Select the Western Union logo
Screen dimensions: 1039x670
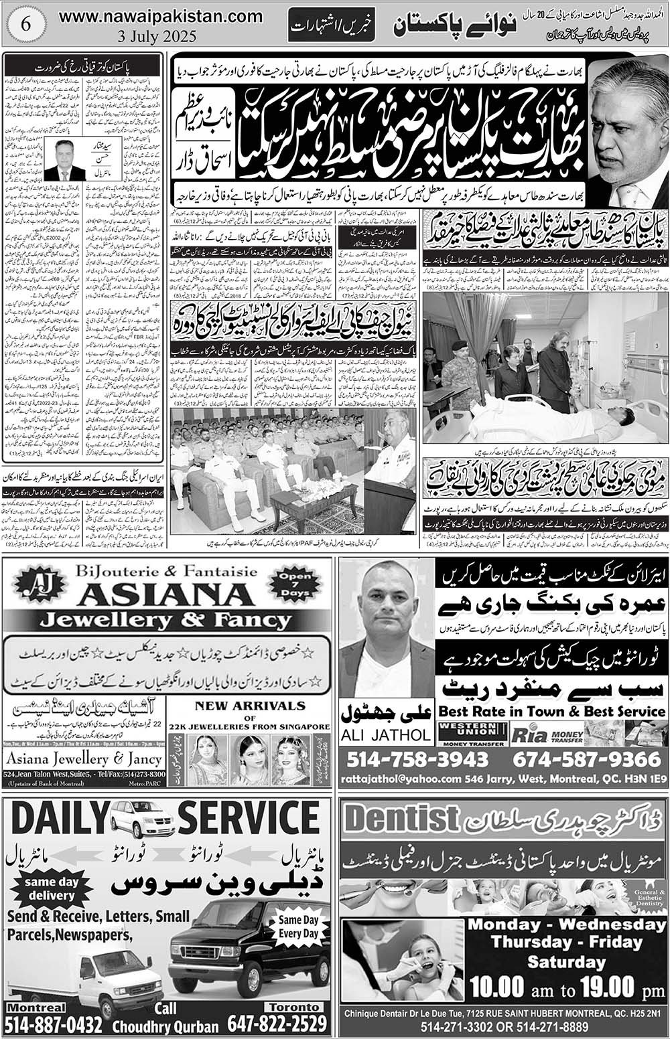pyautogui.click(x=470, y=734)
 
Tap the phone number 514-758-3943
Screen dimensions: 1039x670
pyautogui.click(x=418, y=759)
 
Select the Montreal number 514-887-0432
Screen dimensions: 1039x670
pyautogui.click(x=54, y=1024)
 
